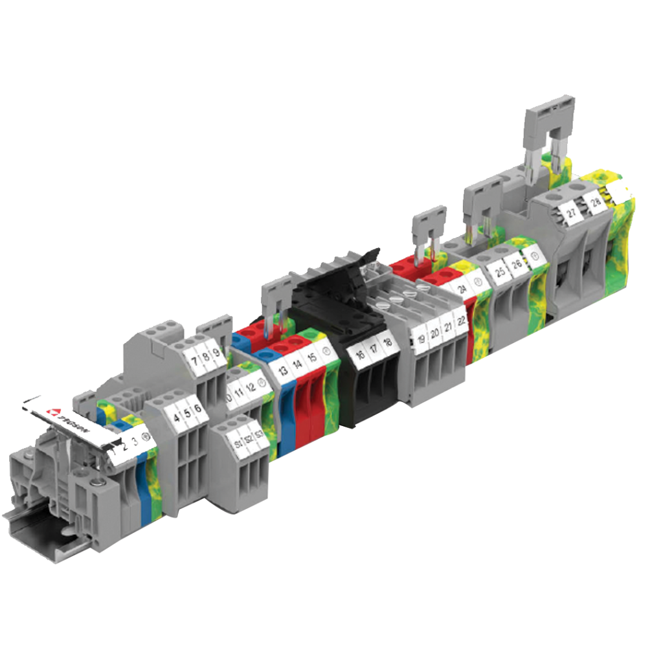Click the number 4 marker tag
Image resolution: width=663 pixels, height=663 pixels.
[x=176, y=417]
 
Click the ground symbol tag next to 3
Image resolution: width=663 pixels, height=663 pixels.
[x=146, y=436]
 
